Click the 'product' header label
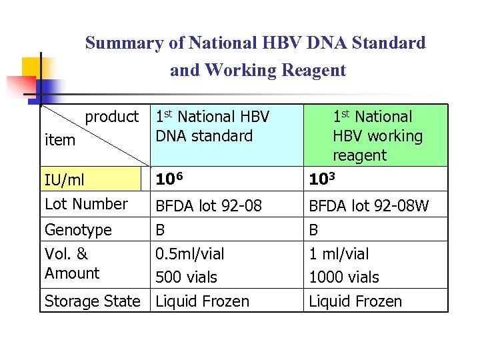(x=111, y=117)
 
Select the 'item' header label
(x=60, y=141)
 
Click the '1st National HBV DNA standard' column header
(x=212, y=127)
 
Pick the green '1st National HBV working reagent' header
(x=377, y=136)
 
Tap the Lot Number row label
(x=86, y=205)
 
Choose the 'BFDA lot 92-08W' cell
(x=368, y=206)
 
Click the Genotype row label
(x=78, y=230)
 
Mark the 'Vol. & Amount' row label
(x=71, y=263)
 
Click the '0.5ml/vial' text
(x=190, y=254)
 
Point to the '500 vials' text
(x=187, y=277)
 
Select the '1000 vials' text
(x=343, y=277)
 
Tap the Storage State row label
(x=92, y=301)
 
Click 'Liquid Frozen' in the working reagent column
(x=355, y=301)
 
